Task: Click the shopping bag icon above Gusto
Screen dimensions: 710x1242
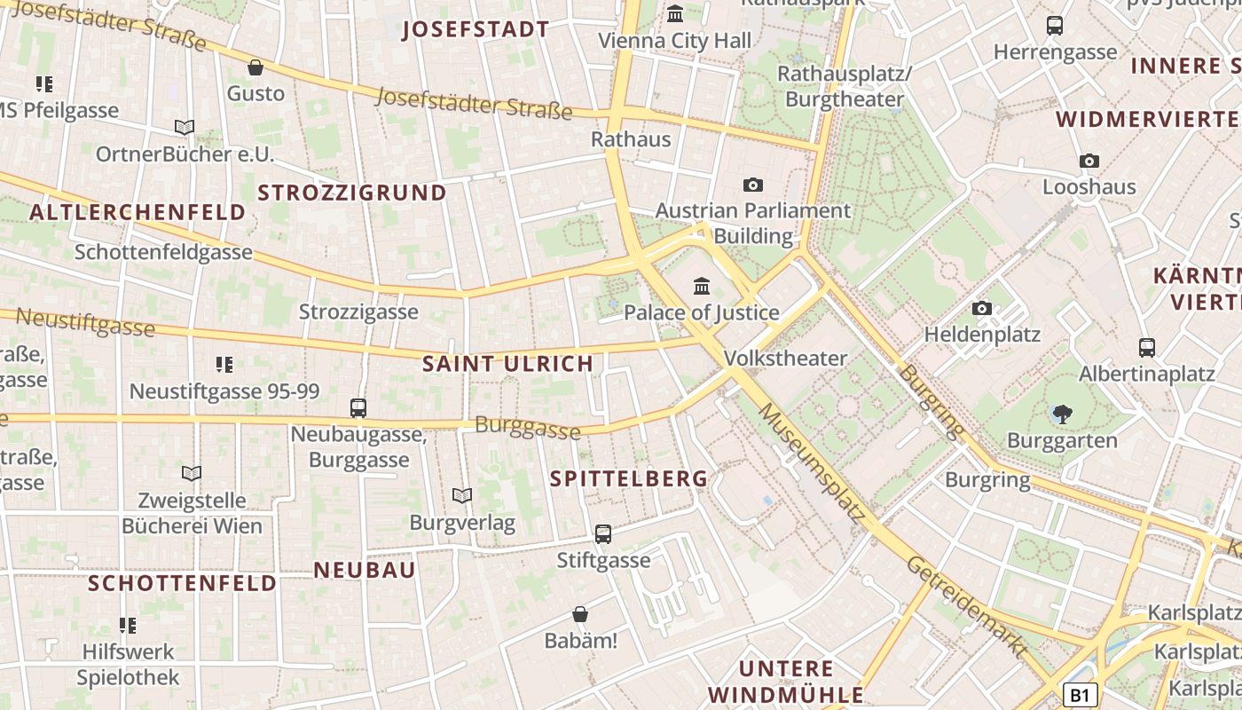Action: click(255, 67)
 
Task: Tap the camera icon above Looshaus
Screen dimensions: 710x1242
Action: click(1089, 161)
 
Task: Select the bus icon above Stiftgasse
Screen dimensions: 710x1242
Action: click(603, 533)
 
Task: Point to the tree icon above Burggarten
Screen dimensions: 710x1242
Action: click(1062, 413)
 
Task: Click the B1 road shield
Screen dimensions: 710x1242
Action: click(1080, 695)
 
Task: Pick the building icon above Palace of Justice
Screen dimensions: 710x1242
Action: click(702, 286)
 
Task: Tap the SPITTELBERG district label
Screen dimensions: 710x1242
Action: click(629, 479)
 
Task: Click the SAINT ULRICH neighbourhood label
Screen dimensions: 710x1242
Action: click(507, 364)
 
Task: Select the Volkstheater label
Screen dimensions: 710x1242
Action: click(785, 359)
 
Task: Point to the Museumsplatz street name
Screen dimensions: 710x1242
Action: click(812, 461)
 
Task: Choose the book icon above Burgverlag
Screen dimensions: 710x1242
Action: click(462, 495)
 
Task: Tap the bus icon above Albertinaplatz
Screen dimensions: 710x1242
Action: click(1147, 347)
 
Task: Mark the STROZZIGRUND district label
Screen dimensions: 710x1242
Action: click(352, 193)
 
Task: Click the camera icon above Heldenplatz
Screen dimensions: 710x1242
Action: click(982, 308)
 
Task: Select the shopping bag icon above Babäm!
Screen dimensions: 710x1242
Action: click(580, 614)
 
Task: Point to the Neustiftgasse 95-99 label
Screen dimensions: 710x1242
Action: click(224, 391)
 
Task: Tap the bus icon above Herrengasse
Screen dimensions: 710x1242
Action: click(1055, 26)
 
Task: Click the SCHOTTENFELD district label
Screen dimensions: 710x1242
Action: click(183, 583)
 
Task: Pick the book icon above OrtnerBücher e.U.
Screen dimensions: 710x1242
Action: click(185, 128)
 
